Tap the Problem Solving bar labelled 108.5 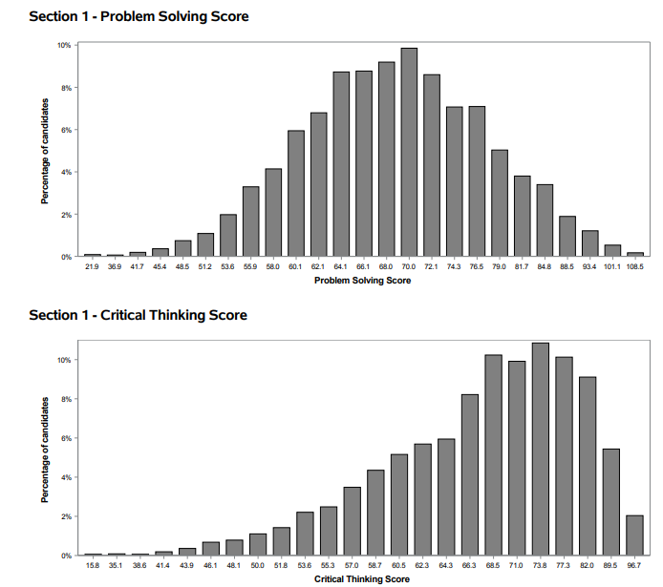point(635,254)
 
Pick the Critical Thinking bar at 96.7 point(633,535)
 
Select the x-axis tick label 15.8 point(92,567)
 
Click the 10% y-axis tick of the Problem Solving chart point(63,45)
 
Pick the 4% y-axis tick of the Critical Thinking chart point(65,477)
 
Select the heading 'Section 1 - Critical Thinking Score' point(138,314)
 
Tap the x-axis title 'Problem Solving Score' point(363,282)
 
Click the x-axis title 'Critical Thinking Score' point(362,579)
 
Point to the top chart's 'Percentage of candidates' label point(44,150)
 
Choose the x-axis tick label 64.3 point(446,567)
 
